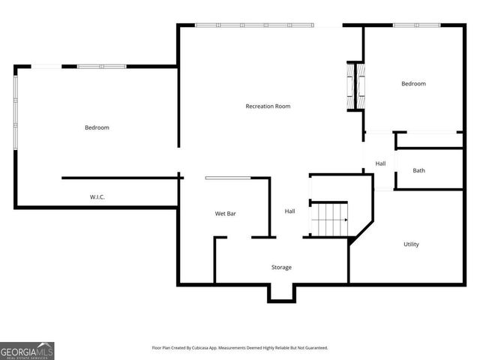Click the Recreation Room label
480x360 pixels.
click(x=268, y=106)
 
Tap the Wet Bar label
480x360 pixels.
click(x=226, y=214)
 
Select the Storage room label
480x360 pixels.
click(x=281, y=267)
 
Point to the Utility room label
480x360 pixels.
click(x=411, y=244)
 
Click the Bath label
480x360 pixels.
click(x=418, y=170)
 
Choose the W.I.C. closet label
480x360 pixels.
click(x=97, y=197)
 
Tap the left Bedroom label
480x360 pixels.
click(x=97, y=127)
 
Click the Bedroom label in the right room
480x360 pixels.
click(x=413, y=84)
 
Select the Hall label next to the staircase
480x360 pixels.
click(x=289, y=211)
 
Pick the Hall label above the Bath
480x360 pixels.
click(x=380, y=163)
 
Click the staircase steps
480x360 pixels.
click(x=328, y=219)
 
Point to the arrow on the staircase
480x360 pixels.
click(x=345, y=220)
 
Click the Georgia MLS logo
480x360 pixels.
click(x=27, y=350)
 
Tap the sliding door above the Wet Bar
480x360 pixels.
click(x=228, y=178)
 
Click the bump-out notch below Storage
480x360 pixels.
click(x=281, y=292)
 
